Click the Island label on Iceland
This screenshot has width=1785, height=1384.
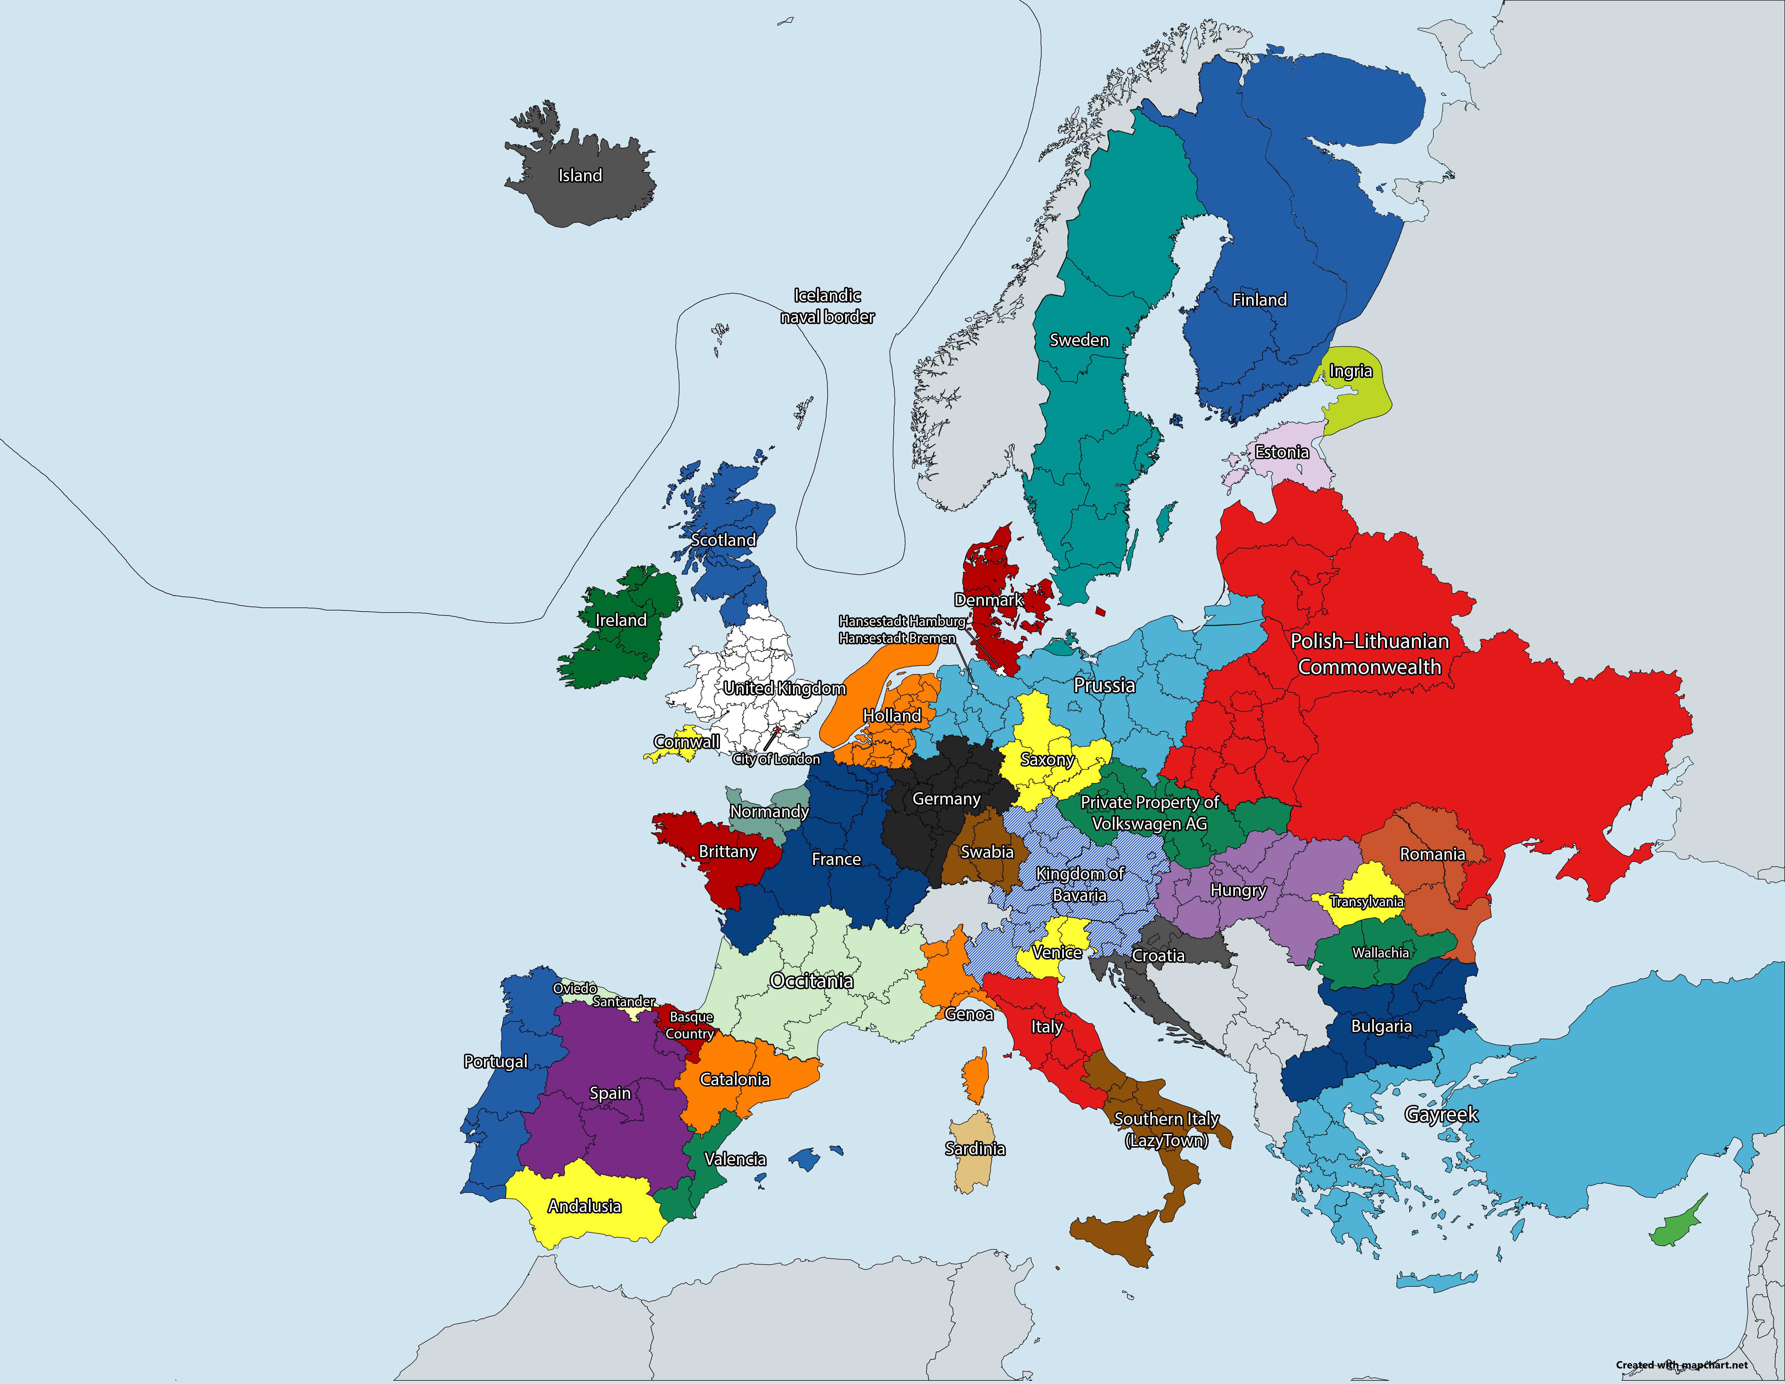pyautogui.click(x=580, y=176)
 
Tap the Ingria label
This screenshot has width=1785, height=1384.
pyautogui.click(x=1350, y=371)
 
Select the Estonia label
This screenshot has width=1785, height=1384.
pyautogui.click(x=1282, y=452)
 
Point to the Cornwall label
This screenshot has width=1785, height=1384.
pyautogui.click(x=687, y=741)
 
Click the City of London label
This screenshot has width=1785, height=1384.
pyautogui.click(x=776, y=760)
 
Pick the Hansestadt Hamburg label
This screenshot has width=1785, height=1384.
pyautogui.click(x=901, y=621)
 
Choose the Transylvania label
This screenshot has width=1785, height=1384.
pyautogui.click(x=1366, y=902)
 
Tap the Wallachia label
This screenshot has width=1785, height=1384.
pyautogui.click(x=1380, y=952)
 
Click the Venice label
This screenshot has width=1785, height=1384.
pyautogui.click(x=1057, y=952)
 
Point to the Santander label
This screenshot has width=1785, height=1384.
pyautogui.click(x=624, y=1002)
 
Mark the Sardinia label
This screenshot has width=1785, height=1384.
pyautogui.click(x=975, y=1149)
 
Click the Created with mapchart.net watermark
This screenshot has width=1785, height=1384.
pyautogui.click(x=1681, y=1364)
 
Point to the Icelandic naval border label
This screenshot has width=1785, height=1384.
pyautogui.click(x=827, y=306)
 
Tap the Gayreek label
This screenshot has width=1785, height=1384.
pyautogui.click(x=1441, y=1114)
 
